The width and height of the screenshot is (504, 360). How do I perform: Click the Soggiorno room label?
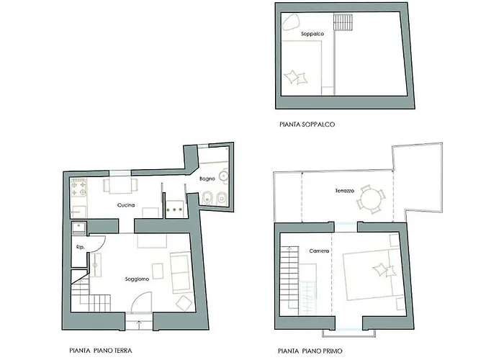point(137,279)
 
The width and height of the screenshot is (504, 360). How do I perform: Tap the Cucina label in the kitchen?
point(126,205)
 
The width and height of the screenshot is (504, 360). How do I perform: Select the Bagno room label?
point(207,179)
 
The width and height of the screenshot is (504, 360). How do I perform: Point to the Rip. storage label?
point(81,247)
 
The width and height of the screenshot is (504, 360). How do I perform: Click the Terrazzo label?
point(345,191)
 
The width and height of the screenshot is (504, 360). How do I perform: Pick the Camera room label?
point(319,251)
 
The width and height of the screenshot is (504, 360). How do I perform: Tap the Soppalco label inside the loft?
point(312,34)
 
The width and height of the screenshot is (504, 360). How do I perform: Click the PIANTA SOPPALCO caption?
point(307,125)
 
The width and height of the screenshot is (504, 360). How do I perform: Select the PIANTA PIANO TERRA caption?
point(101,351)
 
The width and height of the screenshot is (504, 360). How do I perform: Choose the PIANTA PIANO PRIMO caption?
point(310,351)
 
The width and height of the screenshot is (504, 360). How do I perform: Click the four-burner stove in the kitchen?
point(78,188)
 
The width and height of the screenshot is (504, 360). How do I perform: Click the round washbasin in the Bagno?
point(224,176)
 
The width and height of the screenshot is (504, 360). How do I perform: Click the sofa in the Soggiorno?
point(180,273)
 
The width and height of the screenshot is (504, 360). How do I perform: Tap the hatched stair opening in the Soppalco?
point(343,22)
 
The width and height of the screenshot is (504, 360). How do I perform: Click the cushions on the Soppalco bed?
point(296,77)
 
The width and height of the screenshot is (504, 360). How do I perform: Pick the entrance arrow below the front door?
point(139,324)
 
